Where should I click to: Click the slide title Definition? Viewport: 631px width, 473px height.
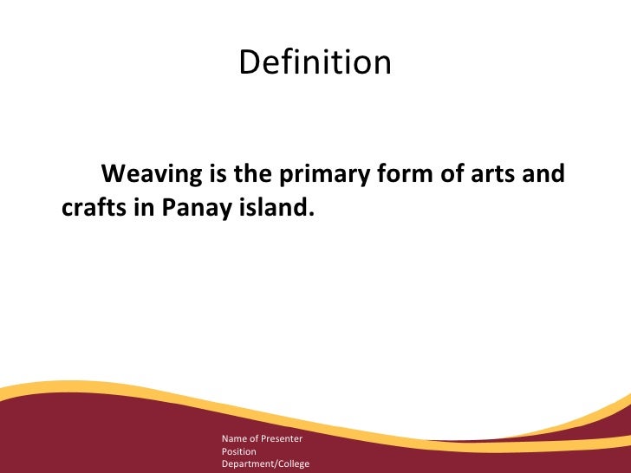coord(315,62)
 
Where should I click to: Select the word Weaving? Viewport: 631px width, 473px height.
coord(150,174)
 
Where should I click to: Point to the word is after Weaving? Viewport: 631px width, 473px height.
coord(217,174)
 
